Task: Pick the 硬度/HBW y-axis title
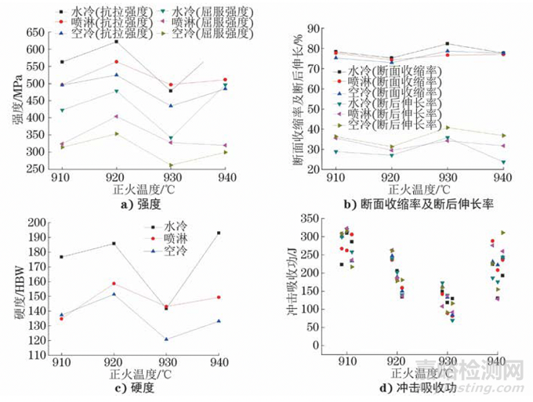[x=13, y=291]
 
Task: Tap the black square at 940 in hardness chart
[x=218, y=233]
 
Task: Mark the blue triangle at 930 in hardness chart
[x=167, y=339]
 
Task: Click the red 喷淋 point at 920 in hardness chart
[x=114, y=284]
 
